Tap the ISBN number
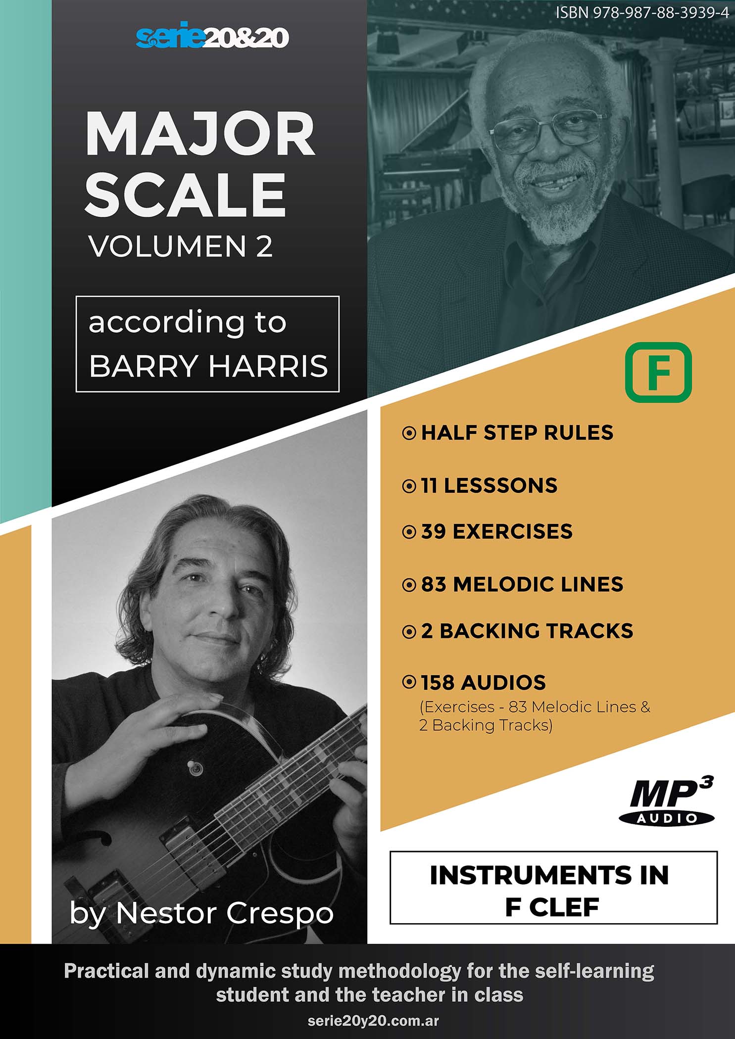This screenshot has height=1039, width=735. point(642,12)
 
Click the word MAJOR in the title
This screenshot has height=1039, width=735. point(200,134)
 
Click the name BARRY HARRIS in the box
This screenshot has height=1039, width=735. point(208,366)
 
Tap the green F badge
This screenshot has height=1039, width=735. point(658,372)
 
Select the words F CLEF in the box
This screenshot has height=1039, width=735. point(552,907)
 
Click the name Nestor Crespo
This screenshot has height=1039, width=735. point(224,913)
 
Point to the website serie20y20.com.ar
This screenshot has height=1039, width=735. point(373,1021)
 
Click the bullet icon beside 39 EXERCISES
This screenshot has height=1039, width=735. point(409,532)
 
